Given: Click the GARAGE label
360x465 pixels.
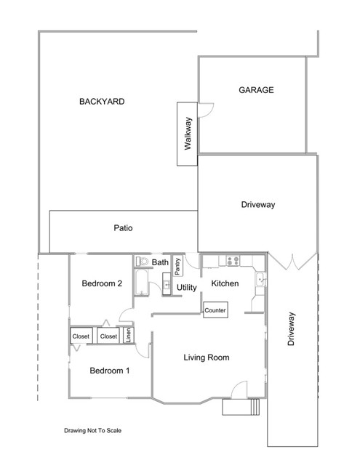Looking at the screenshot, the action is point(256,90).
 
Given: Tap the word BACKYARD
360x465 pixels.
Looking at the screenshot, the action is point(102,102).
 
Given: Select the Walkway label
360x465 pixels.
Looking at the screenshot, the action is point(188,134).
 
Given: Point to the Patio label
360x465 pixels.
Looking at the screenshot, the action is point(123,227).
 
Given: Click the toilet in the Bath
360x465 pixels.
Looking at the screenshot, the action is point(142,262).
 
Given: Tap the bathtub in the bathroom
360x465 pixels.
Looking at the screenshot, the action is point(142,282).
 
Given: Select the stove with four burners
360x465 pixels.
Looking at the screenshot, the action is point(233,261).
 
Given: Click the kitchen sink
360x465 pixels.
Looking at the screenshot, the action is point(260,280).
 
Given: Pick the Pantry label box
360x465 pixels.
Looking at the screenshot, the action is point(177,266).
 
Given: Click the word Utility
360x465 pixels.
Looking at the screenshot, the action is point(187,288).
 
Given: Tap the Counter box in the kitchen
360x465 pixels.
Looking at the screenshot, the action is point(215,310).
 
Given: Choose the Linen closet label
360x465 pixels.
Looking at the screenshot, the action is point(129,336).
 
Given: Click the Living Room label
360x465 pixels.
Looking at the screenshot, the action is point(207,357).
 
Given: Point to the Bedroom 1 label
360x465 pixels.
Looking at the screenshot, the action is point(110,371).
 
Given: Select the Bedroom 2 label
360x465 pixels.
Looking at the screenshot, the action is point(102,283).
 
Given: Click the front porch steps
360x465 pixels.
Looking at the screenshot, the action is point(255,407).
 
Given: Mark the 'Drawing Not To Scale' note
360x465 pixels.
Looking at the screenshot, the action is point(92,430).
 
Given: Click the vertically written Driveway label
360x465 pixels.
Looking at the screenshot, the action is point(291,328).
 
